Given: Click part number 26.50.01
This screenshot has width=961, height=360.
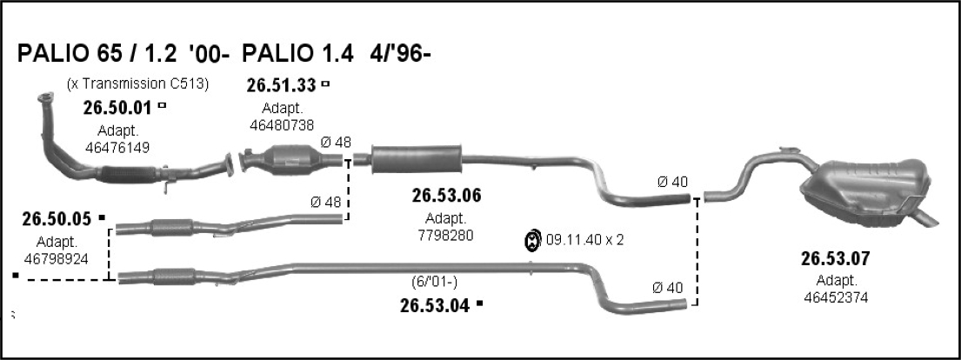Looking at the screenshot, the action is [x=117, y=108].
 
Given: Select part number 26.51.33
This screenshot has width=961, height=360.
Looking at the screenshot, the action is [x=281, y=85].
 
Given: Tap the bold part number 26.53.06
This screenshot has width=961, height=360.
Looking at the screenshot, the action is [x=447, y=196].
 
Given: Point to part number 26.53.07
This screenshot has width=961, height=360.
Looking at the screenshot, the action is [x=835, y=259].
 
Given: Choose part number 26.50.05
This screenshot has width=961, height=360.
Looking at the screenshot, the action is [x=57, y=218].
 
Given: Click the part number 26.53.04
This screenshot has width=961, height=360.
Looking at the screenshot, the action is [x=435, y=305].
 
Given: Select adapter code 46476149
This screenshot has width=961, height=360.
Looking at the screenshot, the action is [x=118, y=147].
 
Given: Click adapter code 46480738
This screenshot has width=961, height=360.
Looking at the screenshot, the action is [x=282, y=125].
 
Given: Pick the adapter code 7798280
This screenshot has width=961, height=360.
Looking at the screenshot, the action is [x=445, y=235].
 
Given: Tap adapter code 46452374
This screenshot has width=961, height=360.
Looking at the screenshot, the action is [x=836, y=297].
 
